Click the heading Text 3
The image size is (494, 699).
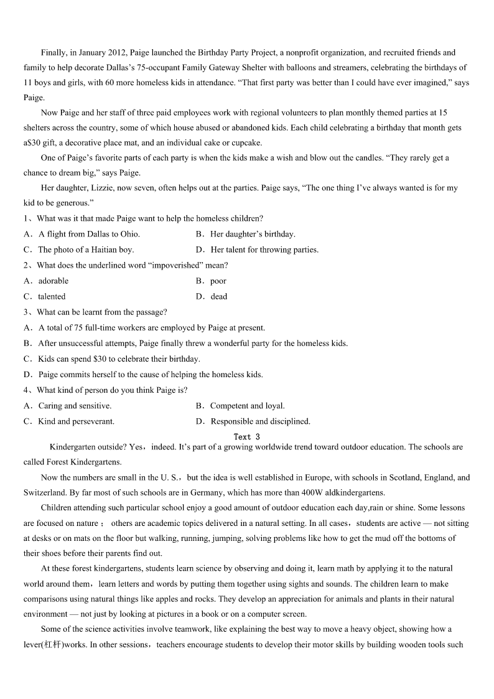247,437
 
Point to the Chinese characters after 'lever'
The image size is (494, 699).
52,645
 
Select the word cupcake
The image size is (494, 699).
246,143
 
